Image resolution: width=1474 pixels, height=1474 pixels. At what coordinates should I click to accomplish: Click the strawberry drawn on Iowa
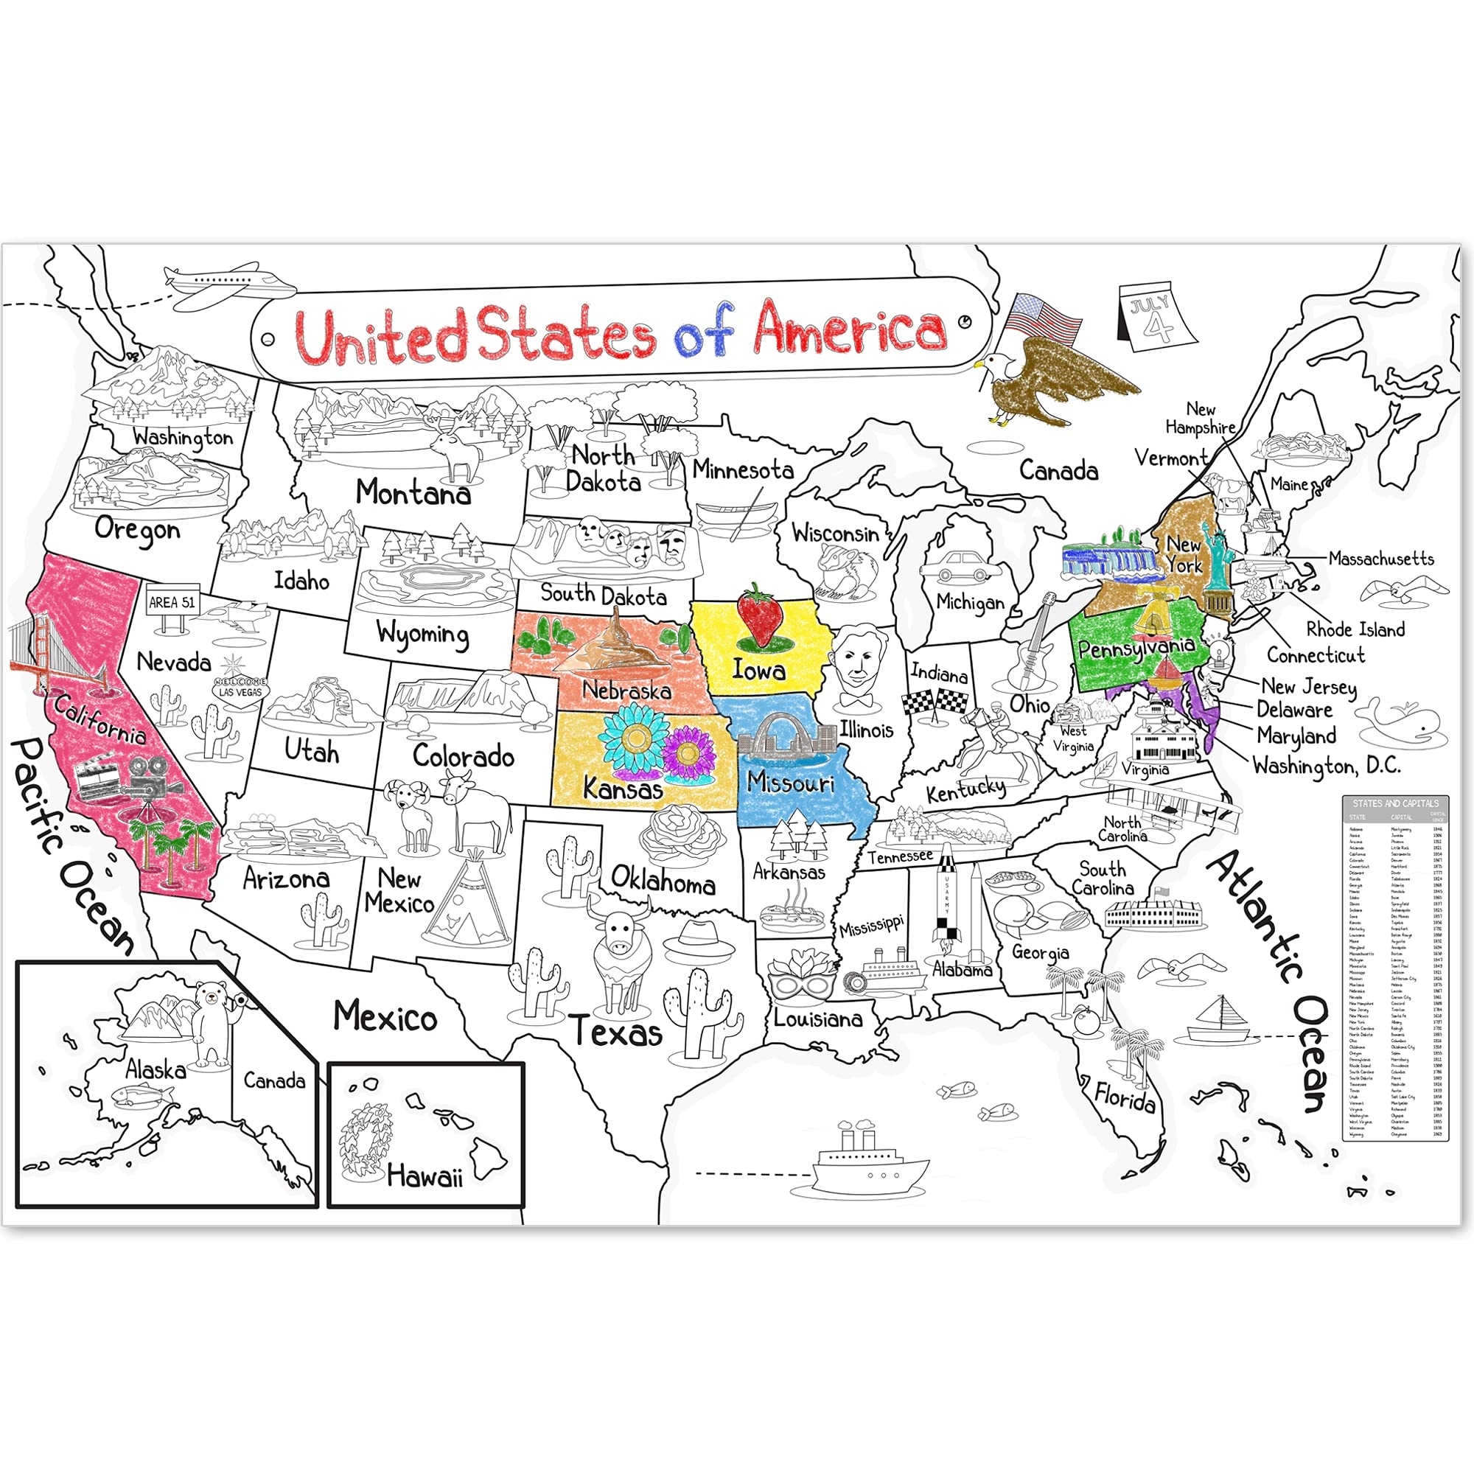coord(758,615)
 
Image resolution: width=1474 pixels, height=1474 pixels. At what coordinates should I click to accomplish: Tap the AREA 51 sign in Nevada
coord(172,603)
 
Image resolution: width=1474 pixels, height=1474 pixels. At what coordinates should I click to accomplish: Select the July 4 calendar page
coord(1156,318)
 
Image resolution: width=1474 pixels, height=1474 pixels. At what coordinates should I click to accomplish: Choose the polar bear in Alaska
coord(213,1021)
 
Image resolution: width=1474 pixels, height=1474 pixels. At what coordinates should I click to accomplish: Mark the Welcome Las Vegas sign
coord(240,689)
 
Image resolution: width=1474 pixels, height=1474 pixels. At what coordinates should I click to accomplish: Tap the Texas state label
coord(615,1033)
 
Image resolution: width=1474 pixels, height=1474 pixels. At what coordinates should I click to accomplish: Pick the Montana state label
coord(413,492)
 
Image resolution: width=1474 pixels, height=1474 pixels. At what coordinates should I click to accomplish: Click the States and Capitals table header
coord(1395,803)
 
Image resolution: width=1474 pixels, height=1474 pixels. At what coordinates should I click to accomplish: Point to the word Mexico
coord(385,1017)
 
